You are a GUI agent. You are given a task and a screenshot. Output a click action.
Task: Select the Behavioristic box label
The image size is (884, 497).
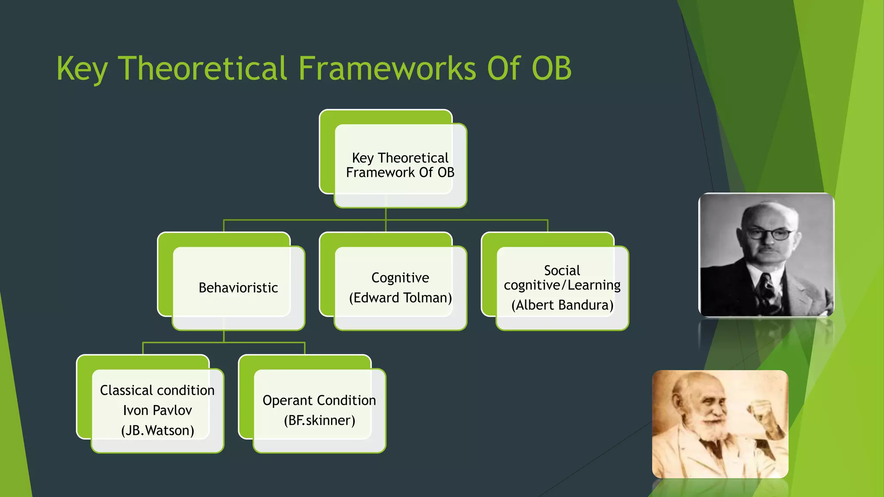pos(238,288)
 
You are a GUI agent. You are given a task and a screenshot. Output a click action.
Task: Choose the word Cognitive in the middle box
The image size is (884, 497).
pos(400,277)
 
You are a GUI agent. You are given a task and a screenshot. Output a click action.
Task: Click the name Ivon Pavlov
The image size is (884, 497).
pos(157,410)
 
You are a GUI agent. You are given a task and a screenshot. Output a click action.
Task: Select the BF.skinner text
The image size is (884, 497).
pos(319,420)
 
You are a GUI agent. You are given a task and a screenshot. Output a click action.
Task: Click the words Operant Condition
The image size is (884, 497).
pos(319,400)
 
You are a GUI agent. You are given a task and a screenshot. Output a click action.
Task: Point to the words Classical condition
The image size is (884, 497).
pos(157,390)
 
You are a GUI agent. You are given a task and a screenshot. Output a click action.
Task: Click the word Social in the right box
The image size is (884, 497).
pos(562,271)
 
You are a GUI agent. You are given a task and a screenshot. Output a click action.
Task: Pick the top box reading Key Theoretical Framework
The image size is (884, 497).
pos(400,165)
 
